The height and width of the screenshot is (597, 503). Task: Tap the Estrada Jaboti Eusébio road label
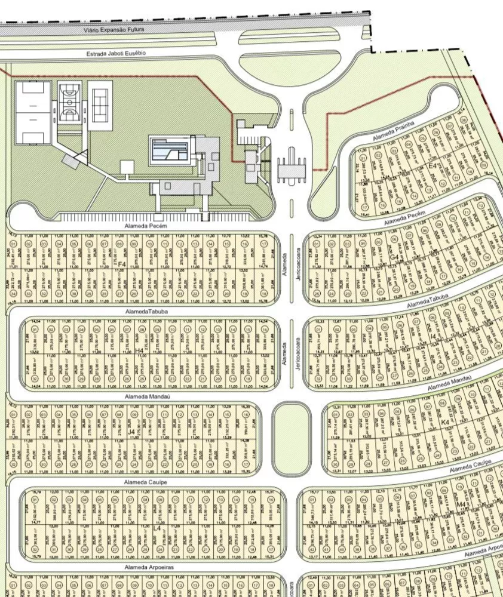116,53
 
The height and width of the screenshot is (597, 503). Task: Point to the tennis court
100,101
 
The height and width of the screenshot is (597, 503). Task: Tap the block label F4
121,263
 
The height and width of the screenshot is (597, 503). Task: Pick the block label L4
157,528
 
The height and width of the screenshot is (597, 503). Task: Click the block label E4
432,165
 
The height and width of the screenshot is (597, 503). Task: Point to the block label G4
394,257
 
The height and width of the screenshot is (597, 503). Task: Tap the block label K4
444,423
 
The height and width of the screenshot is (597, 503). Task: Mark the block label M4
461,505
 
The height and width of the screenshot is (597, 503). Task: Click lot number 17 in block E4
364,207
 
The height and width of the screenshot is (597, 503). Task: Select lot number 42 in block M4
311,550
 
